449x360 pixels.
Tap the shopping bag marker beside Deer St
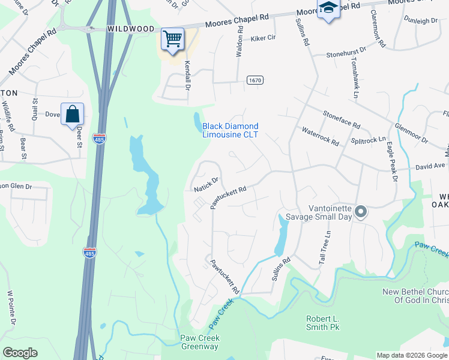[x=72, y=115]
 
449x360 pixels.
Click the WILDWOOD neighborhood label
[x=130, y=28]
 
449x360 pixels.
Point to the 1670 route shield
[x=255, y=80]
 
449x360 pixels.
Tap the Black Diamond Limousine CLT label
[x=230, y=130]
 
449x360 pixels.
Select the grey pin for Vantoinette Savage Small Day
[x=361, y=212]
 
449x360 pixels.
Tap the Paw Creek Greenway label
[x=200, y=342]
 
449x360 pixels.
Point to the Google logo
[x=20, y=352]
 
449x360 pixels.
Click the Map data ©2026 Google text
[x=411, y=355]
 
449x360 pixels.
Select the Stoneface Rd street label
[x=341, y=119]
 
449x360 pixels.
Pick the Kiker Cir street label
[x=263, y=37]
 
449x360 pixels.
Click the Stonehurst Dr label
[x=346, y=53]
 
